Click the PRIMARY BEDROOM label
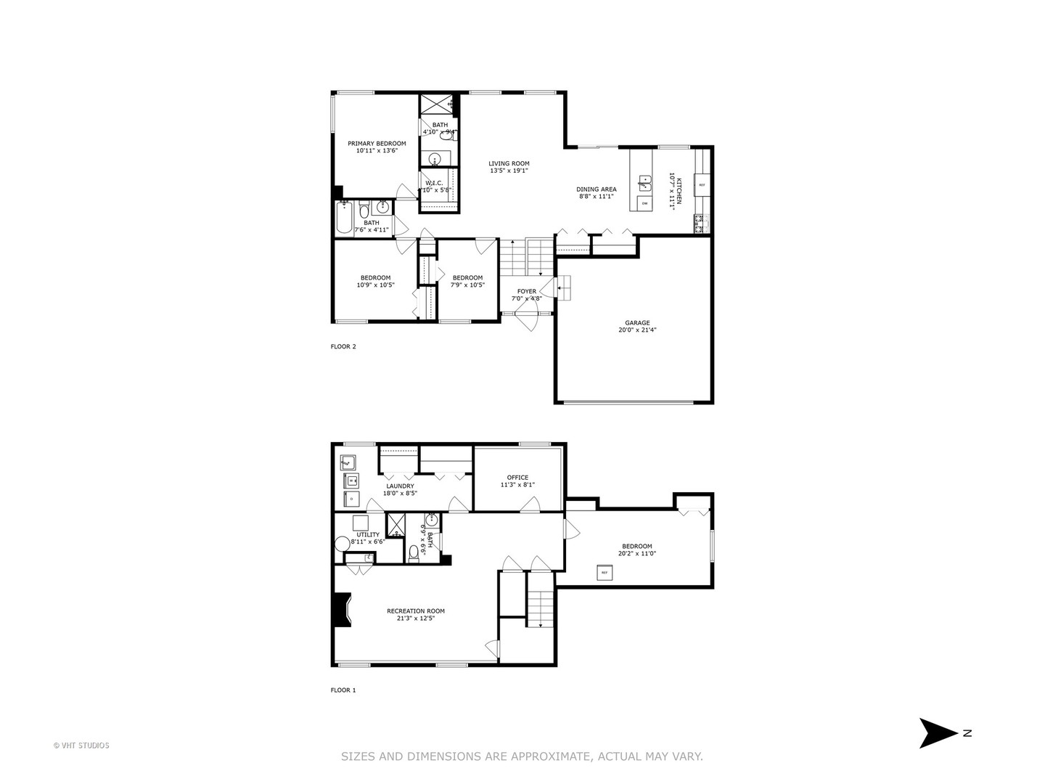pyautogui.click(x=377, y=144)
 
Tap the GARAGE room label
pyautogui.click(x=638, y=323)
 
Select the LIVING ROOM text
pyautogui.click(x=509, y=163)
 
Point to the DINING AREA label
pyautogui.click(x=597, y=189)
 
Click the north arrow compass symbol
pyautogui.click(x=938, y=733)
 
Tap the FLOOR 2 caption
pyautogui.click(x=343, y=346)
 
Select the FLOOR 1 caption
pyautogui.click(x=343, y=690)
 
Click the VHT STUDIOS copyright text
pyautogui.click(x=81, y=745)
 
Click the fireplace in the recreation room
pyautogui.click(x=341, y=610)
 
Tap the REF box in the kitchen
pyautogui.click(x=701, y=185)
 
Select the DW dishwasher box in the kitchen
pyautogui.click(x=644, y=204)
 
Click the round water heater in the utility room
pyautogui.click(x=342, y=544)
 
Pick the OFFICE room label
pyautogui.click(x=517, y=477)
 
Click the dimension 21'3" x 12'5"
pyautogui.click(x=415, y=618)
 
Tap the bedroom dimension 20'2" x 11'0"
pyautogui.click(x=636, y=553)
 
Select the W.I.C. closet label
pyautogui.click(x=434, y=183)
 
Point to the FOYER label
pyautogui.click(x=527, y=291)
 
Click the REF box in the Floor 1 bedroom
pyautogui.click(x=604, y=573)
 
